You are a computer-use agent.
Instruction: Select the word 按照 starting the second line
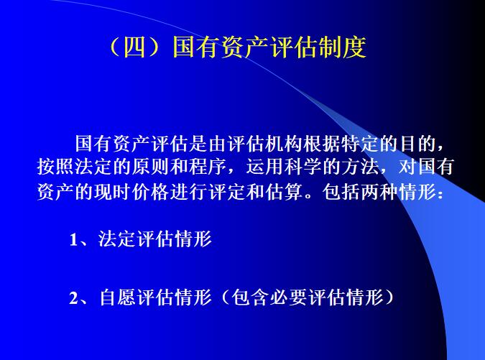coord(56,170)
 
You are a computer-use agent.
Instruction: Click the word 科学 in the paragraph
coord(328,170)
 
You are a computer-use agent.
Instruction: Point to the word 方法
coord(388,170)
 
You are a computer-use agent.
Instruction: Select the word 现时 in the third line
coord(126,195)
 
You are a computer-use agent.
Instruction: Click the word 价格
coord(167,195)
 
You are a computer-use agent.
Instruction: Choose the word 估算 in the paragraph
coord(308,195)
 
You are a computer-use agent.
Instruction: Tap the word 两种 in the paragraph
coord(389,195)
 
